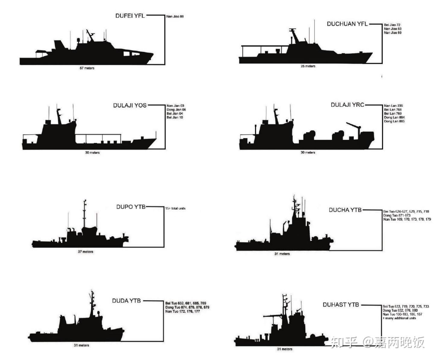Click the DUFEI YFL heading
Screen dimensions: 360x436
pyautogui.click(x=130, y=16)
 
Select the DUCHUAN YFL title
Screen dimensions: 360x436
pyautogui.click(x=347, y=24)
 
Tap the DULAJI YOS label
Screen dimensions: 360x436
pyautogui.click(x=130, y=105)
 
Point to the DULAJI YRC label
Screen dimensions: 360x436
pyautogui.click(x=347, y=105)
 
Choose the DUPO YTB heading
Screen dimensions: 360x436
pyautogui.click(x=131, y=207)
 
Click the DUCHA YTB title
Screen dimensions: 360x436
pyautogui.click(x=345, y=210)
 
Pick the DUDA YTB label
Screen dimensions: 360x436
pyautogui.click(x=126, y=301)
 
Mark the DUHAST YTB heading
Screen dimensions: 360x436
pyautogui.click(x=341, y=305)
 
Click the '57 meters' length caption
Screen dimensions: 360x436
pyautogui.click(x=87, y=68)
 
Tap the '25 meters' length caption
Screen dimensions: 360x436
pyautogui.click(x=308, y=66)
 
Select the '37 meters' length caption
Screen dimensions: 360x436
pyautogui.click(x=86, y=252)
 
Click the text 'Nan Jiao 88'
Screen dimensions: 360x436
pyautogui.click(x=175, y=17)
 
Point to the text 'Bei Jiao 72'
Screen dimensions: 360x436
pyautogui.click(x=392, y=25)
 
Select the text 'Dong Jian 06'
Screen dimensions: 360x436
pyautogui.click(x=176, y=110)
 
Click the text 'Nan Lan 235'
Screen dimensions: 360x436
pyautogui.click(x=393, y=106)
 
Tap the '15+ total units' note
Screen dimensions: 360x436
pyautogui.click(x=175, y=208)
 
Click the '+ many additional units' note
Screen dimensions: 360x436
pyautogui.click(x=399, y=318)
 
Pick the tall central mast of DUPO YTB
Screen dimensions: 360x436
pyautogui.click(x=84, y=214)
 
